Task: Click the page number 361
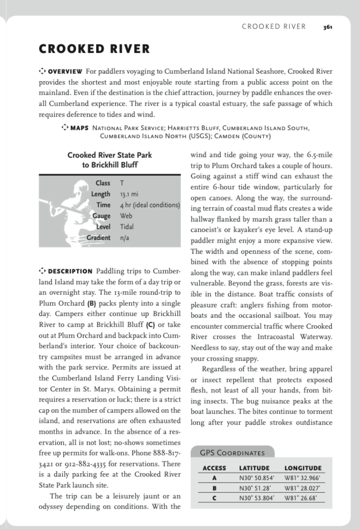327,27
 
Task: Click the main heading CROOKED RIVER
94,49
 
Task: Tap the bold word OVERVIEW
65,71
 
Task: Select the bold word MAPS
79,128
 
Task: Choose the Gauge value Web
126,216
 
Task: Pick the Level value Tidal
127,227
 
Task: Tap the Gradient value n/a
124,238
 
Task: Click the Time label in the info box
104,205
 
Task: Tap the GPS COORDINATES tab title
232,453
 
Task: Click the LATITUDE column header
254,468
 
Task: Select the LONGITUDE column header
303,468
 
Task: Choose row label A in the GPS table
214,478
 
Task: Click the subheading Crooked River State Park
110,155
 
